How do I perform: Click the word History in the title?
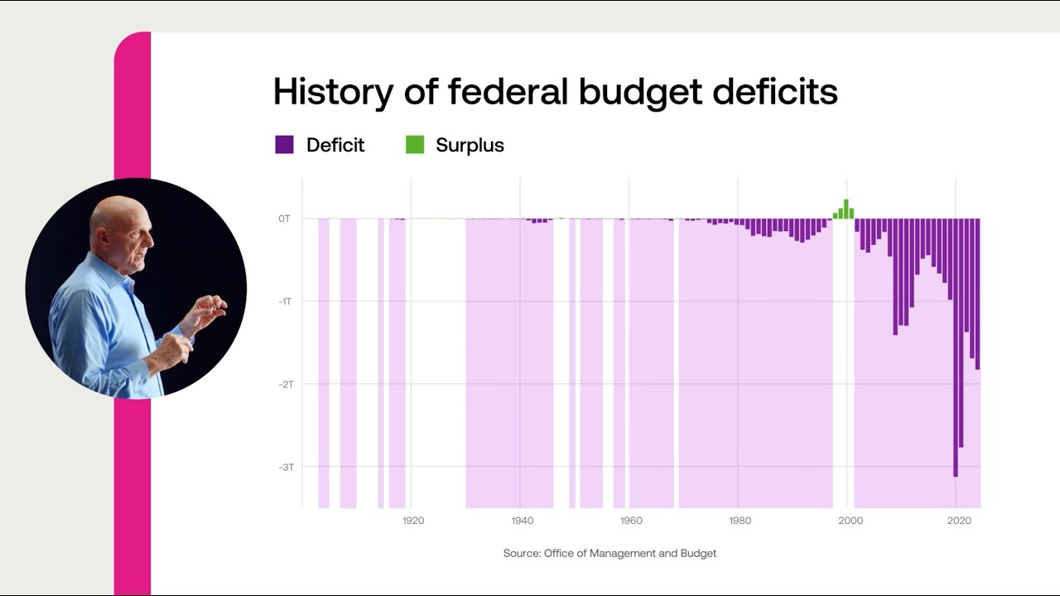[333, 92]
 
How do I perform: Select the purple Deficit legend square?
[284, 145]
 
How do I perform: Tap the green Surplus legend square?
[414, 145]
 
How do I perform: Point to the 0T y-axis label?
[284, 219]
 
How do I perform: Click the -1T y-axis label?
[284, 301]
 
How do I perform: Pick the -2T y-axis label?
[284, 384]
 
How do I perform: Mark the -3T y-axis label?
[284, 467]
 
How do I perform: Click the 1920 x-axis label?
[412, 521]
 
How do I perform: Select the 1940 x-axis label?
[522, 521]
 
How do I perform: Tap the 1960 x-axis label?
[631, 521]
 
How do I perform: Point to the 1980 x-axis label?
[740, 521]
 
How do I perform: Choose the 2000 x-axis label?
[849, 521]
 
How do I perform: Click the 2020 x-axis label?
[958, 521]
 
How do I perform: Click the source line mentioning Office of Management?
[609, 553]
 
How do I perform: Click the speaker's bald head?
[116, 217]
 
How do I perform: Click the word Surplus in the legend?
[470, 145]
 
